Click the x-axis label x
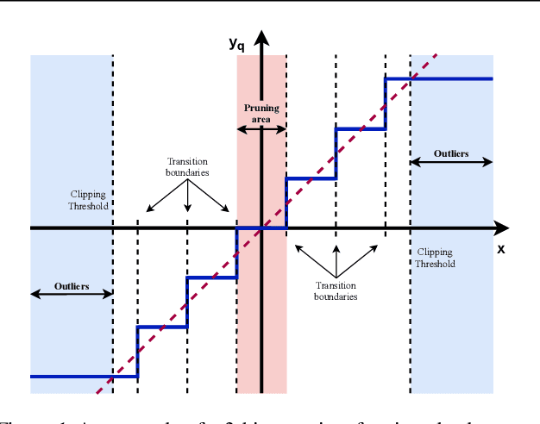(500, 248)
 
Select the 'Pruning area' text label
(261, 113)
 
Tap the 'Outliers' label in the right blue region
(451, 153)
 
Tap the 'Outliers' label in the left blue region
(72, 285)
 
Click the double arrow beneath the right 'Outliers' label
(451, 161)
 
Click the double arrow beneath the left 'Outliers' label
(72, 294)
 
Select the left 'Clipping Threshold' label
(88, 200)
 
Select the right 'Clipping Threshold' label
(435, 258)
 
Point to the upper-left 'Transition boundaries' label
(187, 166)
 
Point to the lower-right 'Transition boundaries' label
(336, 290)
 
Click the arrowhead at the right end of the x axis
(501, 228)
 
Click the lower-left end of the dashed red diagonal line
(97, 395)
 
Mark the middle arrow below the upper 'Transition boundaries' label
(187, 196)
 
